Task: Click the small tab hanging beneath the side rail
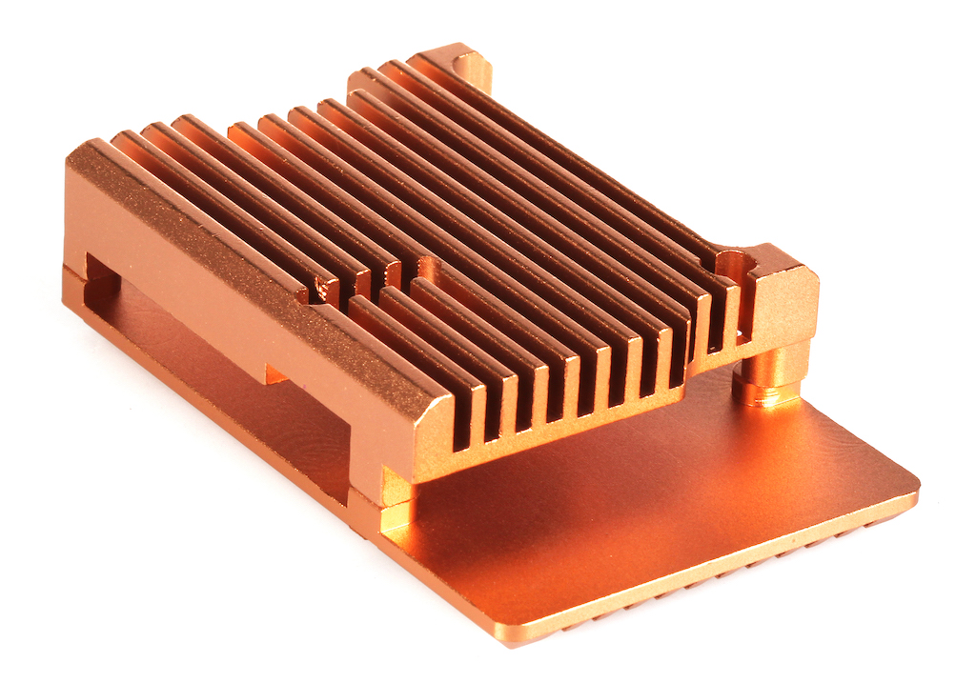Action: (276, 373)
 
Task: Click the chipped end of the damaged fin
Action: (319, 285)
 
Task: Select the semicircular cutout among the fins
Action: (425, 268)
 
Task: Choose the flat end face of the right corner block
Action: (787, 306)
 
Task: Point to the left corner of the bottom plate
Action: (69, 286)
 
